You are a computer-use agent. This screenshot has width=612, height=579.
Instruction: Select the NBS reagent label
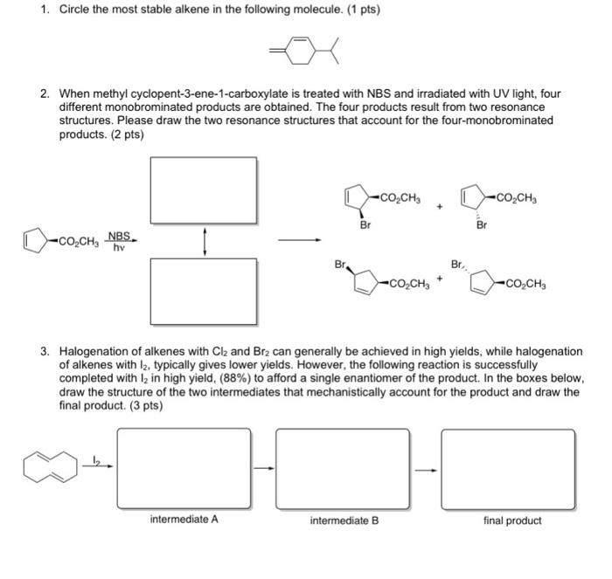click(119, 236)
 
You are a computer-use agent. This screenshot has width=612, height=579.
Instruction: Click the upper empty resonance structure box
click(204, 190)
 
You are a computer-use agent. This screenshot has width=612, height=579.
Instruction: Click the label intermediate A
click(184, 520)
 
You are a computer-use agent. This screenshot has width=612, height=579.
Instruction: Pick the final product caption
click(512, 520)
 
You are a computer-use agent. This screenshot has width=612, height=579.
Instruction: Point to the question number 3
click(44, 351)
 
